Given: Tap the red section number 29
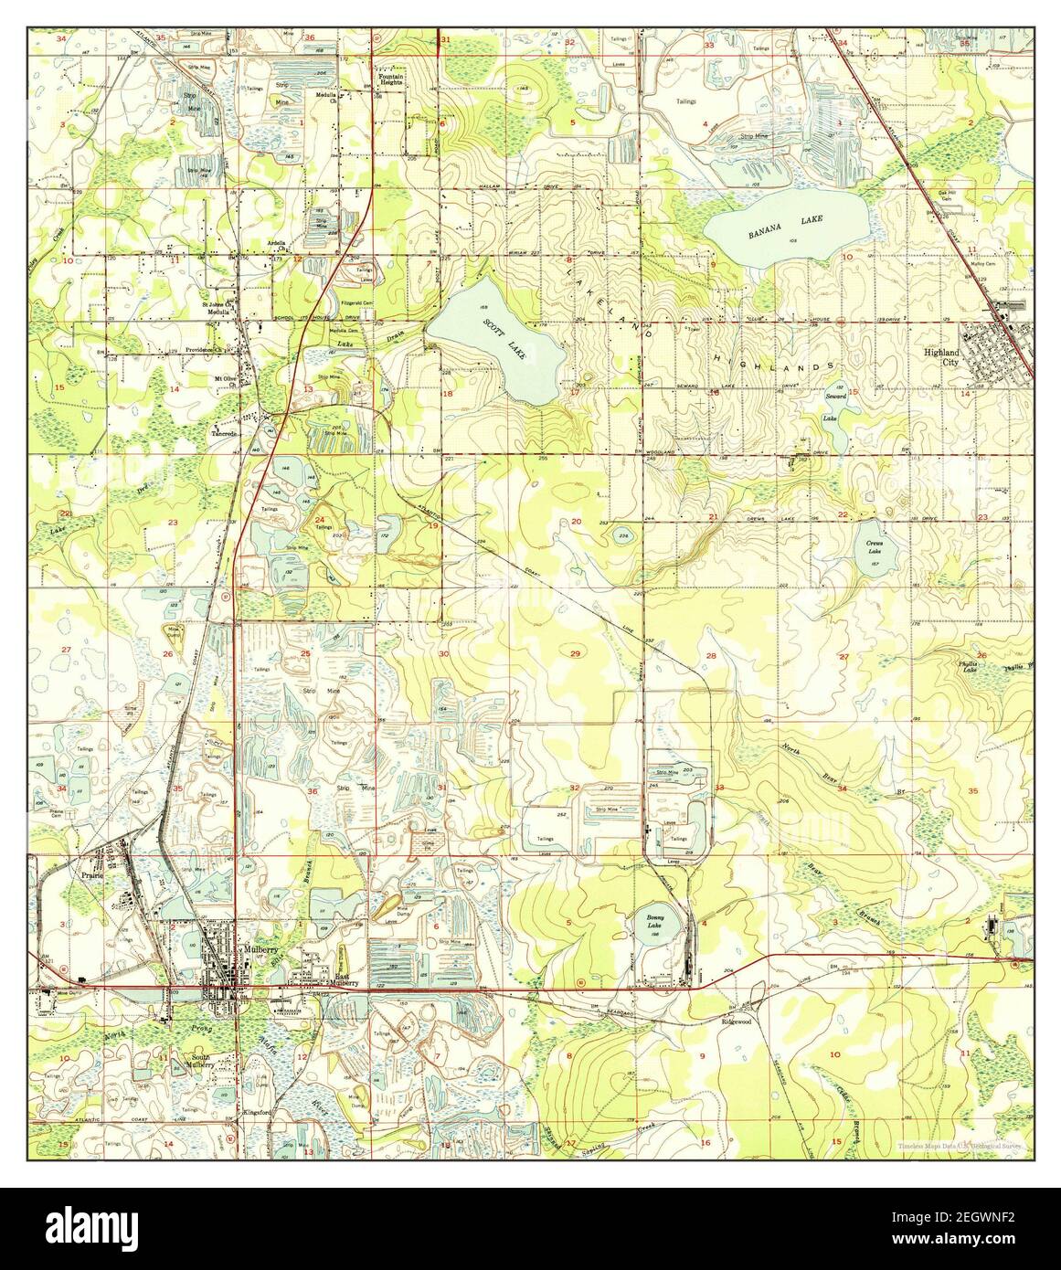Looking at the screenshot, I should coord(575,653).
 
